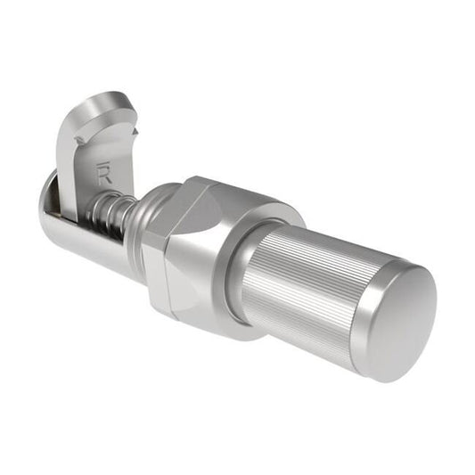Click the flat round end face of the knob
click(x=398, y=316)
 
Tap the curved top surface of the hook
click(x=111, y=108)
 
